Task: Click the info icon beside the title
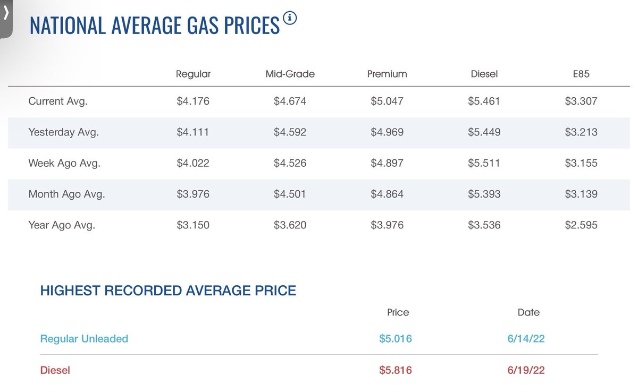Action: (290, 18)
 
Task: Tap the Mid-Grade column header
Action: (290, 74)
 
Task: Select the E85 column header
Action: (581, 74)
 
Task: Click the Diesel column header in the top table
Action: (484, 74)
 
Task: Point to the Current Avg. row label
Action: (58, 101)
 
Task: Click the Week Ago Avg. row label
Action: (64, 163)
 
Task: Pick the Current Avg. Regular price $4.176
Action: (193, 101)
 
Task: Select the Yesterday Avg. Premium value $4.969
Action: (387, 132)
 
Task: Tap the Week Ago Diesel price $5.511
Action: (484, 163)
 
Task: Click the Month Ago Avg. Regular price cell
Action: (193, 194)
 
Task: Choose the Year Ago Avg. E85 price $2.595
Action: (581, 225)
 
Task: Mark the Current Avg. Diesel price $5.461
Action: (484, 101)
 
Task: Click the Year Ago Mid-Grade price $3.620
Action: (290, 225)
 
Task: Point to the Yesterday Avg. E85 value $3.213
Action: (581, 132)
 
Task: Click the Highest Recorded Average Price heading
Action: (168, 291)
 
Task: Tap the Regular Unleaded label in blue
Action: (84, 338)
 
